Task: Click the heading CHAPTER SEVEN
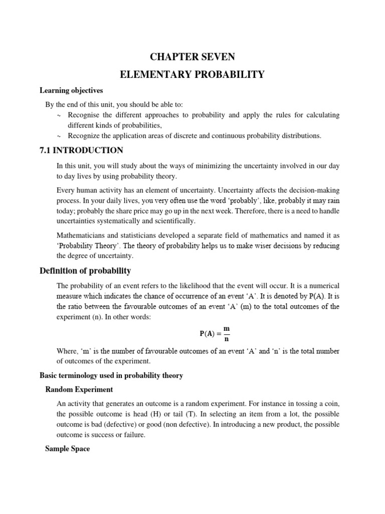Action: coord(192,57)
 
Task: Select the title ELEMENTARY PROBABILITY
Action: coord(192,75)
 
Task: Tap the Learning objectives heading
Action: coord(71,90)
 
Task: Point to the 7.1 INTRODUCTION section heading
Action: coord(81,151)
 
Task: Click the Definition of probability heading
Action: coord(85,271)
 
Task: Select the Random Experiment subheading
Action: coord(79,390)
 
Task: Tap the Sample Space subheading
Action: coord(67,449)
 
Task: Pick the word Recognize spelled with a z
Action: coord(85,136)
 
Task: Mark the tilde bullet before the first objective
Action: coord(59,115)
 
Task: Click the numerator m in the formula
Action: coord(226,328)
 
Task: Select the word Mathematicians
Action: coord(82,235)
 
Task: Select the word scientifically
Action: coord(173,221)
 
